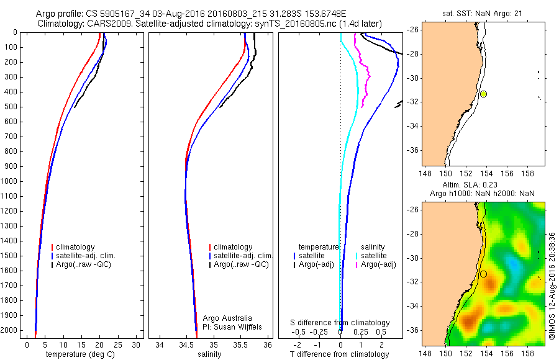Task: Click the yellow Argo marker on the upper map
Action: (x=483, y=94)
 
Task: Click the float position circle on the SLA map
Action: (x=483, y=274)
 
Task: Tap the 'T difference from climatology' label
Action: (x=340, y=354)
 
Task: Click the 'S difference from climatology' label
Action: (x=340, y=323)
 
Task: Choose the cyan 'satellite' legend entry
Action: (x=373, y=256)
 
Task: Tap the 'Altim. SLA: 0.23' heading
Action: (x=476, y=186)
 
